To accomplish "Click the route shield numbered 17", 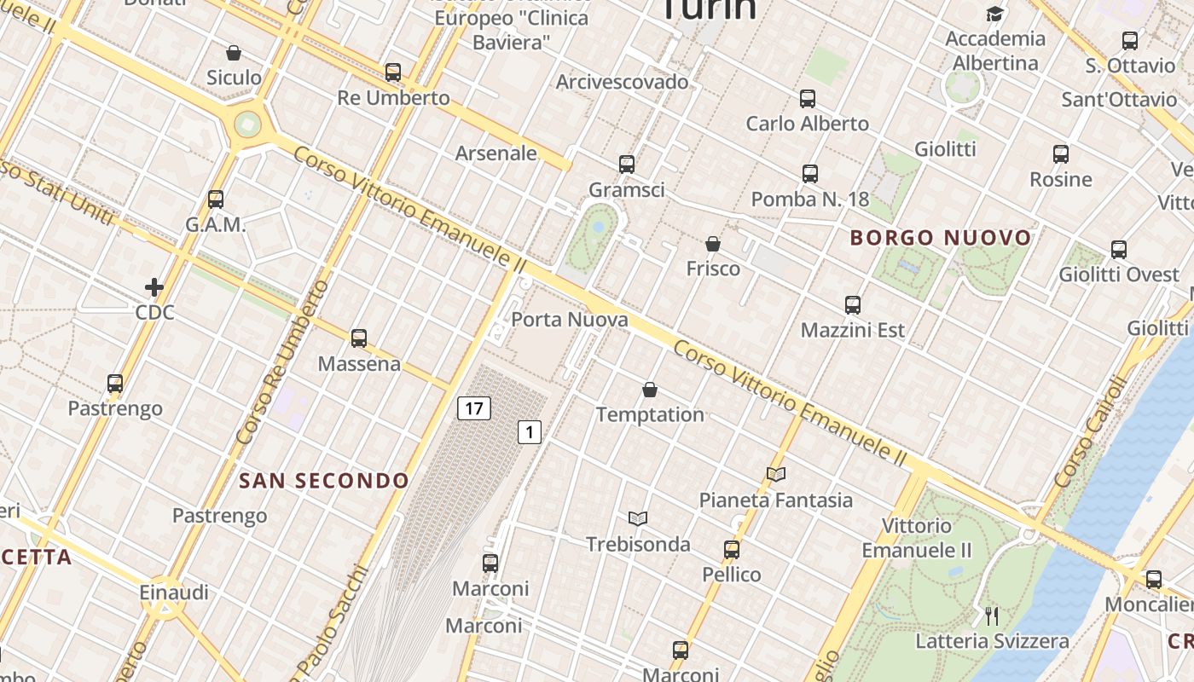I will (474, 408).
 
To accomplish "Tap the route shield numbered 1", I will (530, 432).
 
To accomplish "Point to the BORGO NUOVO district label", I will (941, 238).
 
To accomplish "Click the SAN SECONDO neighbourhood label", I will (324, 481).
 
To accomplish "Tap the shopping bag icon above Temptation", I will (650, 390).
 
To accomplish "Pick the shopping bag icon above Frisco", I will (713, 244).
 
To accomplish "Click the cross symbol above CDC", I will (154, 287).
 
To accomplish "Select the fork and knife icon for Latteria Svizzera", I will (991, 616).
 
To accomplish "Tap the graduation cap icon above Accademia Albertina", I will (994, 14).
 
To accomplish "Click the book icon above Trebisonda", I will (638, 518).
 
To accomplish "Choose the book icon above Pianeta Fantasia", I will (775, 474).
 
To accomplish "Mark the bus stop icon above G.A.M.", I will (216, 199).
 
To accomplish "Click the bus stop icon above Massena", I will (359, 338).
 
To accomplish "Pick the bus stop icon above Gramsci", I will (627, 165).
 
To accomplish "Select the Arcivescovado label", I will (622, 82).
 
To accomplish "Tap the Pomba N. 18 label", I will (809, 199).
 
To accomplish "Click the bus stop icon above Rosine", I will (1061, 154).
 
